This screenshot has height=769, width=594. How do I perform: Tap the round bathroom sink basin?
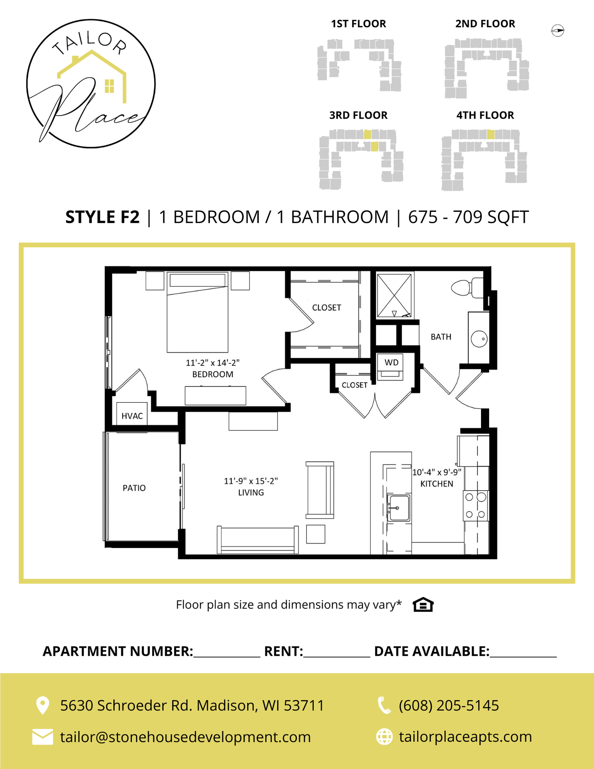[x=479, y=339]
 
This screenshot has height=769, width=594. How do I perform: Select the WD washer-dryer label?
[x=391, y=362]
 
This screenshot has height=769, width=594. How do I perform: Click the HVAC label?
[x=132, y=416]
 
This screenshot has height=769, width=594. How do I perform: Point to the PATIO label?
[x=134, y=488]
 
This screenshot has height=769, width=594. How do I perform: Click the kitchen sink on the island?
[x=399, y=508]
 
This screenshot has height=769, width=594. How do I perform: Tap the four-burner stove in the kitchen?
[x=475, y=506]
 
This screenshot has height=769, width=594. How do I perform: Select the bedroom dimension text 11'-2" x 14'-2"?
[x=213, y=363]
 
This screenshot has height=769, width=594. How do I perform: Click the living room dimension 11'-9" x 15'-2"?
[x=251, y=481]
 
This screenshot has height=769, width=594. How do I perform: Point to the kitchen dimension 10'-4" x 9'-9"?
[x=437, y=472]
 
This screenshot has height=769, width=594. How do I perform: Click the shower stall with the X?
[x=394, y=296]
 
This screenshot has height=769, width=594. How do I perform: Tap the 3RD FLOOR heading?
[x=358, y=115]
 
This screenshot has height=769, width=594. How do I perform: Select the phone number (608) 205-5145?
[x=449, y=705]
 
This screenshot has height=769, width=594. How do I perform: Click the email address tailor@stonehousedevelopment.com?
[x=185, y=737]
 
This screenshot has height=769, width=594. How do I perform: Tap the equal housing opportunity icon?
[x=423, y=605]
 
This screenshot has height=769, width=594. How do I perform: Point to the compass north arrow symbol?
[x=558, y=30]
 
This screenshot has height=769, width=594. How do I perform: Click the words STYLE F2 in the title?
[x=103, y=217]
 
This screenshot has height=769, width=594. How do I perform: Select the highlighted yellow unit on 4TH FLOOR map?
[x=491, y=135]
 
